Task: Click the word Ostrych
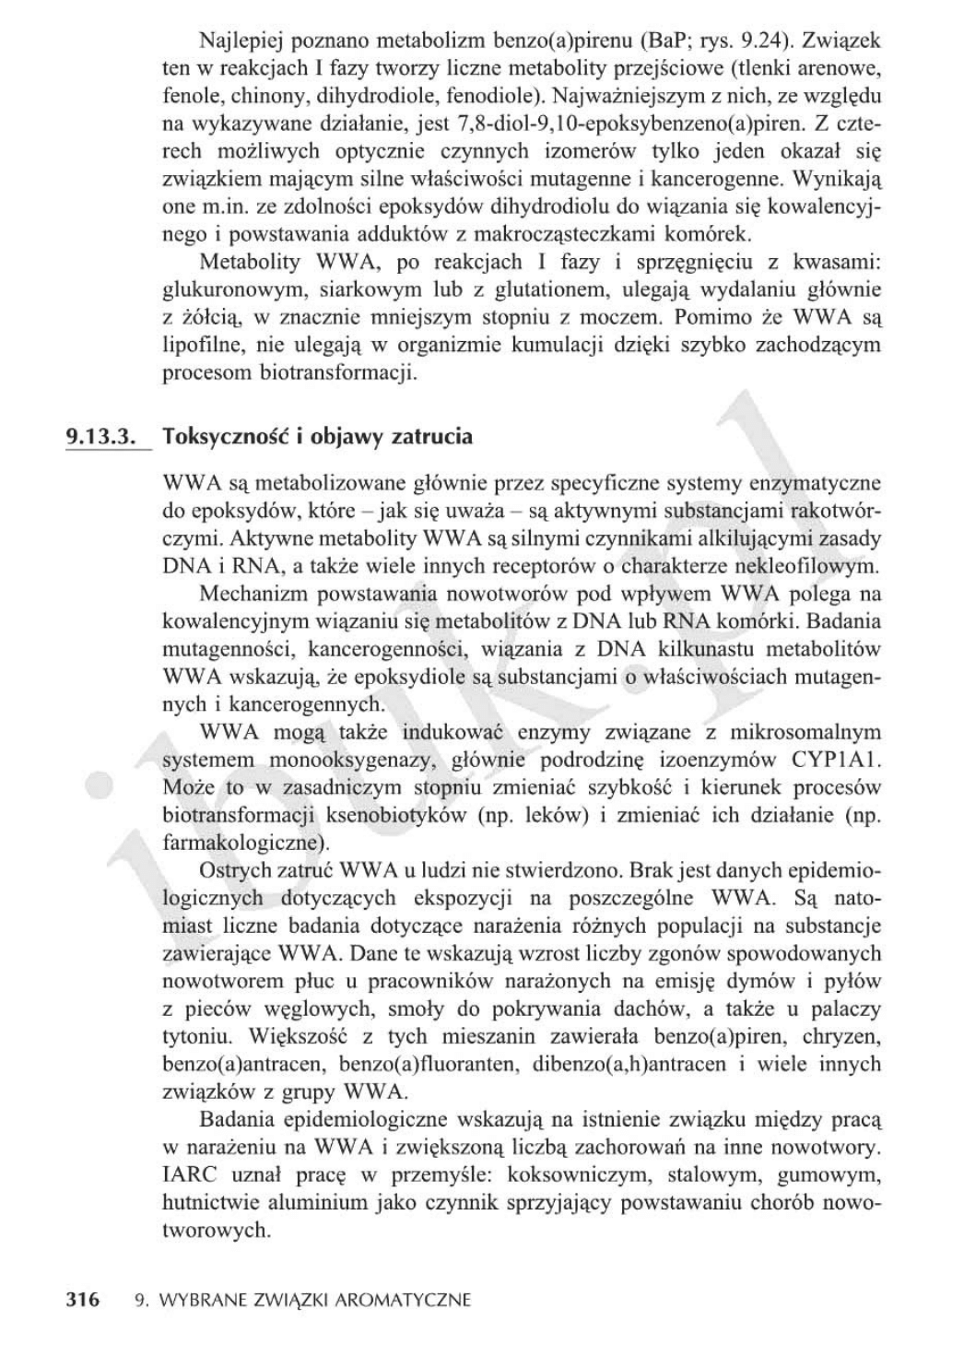[231, 870]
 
